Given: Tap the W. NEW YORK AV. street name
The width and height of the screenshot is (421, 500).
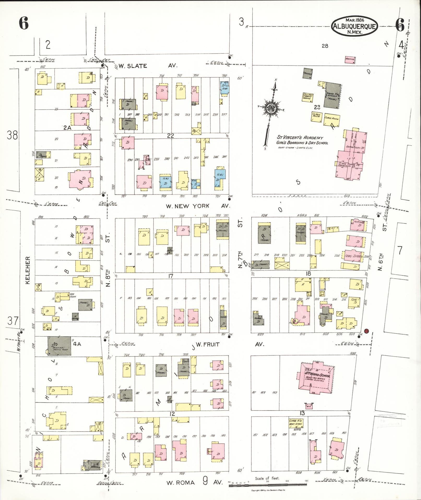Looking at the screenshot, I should click(198, 206).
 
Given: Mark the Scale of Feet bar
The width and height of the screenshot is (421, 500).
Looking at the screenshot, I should click(268, 485).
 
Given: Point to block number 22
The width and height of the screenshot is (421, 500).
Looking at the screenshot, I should click(171, 136).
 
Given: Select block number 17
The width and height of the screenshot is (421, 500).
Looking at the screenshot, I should click(171, 276).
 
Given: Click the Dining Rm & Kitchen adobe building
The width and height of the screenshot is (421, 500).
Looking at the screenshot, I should click(332, 95).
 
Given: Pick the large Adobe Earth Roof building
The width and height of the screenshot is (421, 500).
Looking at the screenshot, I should click(60, 346).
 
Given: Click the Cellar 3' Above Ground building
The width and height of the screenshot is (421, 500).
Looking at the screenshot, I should click(308, 96).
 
